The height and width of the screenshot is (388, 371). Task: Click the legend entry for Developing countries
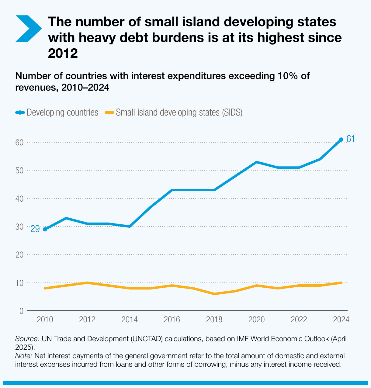(x=57, y=113)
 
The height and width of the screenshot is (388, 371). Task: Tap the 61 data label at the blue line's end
(x=351, y=139)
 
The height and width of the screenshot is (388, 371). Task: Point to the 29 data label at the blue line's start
(x=35, y=229)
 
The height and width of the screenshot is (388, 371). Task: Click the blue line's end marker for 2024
(x=341, y=140)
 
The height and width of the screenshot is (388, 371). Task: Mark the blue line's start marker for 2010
(x=45, y=229)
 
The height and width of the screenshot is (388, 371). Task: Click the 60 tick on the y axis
(x=19, y=142)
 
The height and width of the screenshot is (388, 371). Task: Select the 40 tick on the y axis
(x=19, y=199)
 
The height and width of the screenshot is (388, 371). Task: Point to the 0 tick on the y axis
(x=21, y=311)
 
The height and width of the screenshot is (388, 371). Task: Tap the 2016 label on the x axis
(x=172, y=320)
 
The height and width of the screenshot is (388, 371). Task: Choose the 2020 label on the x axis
(x=257, y=320)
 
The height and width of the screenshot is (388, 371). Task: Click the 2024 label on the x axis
(x=341, y=320)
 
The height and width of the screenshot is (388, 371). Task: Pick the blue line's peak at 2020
(x=257, y=162)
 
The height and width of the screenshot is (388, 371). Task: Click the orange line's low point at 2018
(x=214, y=294)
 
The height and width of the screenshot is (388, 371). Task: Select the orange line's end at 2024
(x=341, y=283)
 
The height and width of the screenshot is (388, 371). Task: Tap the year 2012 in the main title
(x=63, y=54)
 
